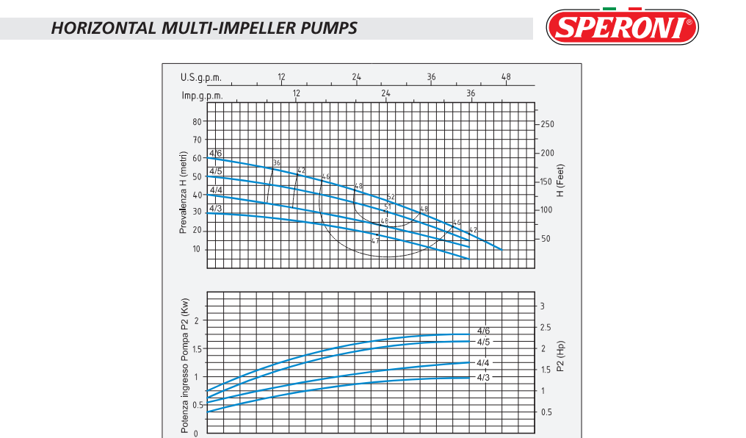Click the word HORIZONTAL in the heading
[x=104, y=29]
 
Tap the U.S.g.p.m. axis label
[x=200, y=78]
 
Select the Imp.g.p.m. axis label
[x=202, y=95]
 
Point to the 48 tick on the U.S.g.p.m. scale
[x=506, y=77]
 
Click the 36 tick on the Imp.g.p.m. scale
[x=471, y=93]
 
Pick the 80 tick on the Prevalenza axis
[x=197, y=121]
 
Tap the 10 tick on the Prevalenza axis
[x=197, y=249]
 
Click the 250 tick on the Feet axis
[x=547, y=124]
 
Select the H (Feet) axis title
[x=561, y=180]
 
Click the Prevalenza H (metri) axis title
[x=184, y=193]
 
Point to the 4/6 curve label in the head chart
[x=216, y=153]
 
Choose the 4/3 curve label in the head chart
[x=216, y=208]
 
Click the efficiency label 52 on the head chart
[x=391, y=197]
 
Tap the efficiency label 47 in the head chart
[x=374, y=240]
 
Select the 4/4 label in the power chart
[x=483, y=363]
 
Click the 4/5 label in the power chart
[x=483, y=342]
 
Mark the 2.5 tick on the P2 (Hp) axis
[x=547, y=328]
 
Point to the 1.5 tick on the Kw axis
[x=196, y=348]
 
